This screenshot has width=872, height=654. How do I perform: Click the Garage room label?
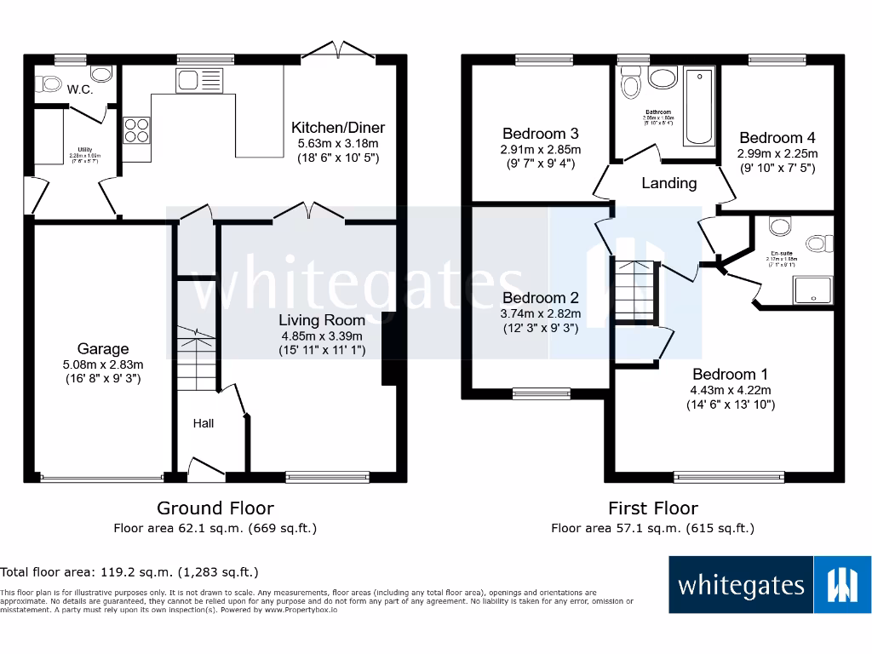pyautogui.click(x=103, y=348)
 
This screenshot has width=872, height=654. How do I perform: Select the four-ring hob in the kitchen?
pyautogui.click(x=135, y=131)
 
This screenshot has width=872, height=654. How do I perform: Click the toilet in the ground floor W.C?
pyautogui.click(x=49, y=83)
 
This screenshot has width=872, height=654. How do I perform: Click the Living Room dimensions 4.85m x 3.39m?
pyautogui.click(x=322, y=336)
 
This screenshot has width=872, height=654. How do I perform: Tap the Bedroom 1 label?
pyautogui.click(x=724, y=374)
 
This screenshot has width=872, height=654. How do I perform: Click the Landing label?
pyautogui.click(x=668, y=183)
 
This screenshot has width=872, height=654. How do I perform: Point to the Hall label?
pyautogui.click(x=203, y=423)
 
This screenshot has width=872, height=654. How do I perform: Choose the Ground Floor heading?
pyautogui.click(x=215, y=508)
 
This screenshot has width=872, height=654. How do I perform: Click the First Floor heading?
pyautogui.click(x=652, y=508)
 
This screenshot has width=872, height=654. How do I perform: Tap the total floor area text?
pyautogui.click(x=129, y=572)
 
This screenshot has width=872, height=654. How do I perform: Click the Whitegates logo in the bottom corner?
pyautogui.click(x=769, y=585)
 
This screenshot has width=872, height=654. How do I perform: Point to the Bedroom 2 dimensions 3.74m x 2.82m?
pyautogui.click(x=540, y=313)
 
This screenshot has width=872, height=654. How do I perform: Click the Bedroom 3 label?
pyautogui.click(x=540, y=134)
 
